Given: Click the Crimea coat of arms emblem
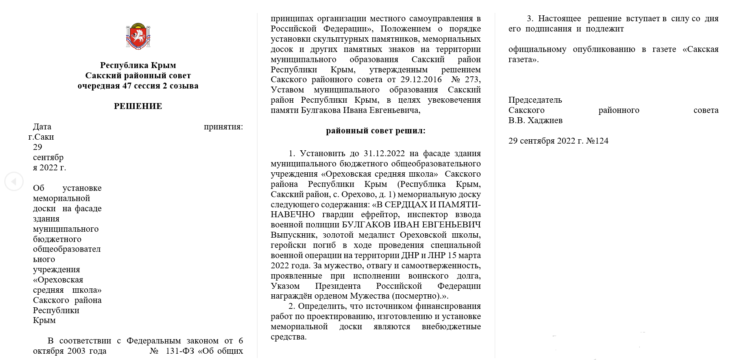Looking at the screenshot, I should pyautogui.click(x=138, y=36).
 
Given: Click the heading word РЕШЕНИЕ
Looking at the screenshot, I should pyautogui.click(x=138, y=106).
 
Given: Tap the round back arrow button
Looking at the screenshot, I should pyautogui.click(x=14, y=182).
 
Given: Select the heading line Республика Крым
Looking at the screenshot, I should pyautogui.click(x=138, y=65).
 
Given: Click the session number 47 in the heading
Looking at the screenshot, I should pyautogui.click(x=127, y=86).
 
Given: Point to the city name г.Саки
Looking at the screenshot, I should pyautogui.click(x=41, y=137).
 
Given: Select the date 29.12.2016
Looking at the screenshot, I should pyautogui.click(x=421, y=79).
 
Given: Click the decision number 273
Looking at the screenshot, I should pyautogui.click(x=472, y=79).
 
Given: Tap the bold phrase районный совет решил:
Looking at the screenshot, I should pyautogui.click(x=375, y=131).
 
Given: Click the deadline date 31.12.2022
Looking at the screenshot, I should pyautogui.click(x=384, y=153).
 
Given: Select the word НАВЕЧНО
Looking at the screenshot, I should pyautogui.click(x=292, y=214).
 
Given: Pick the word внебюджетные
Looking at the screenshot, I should pyautogui.click(x=451, y=327).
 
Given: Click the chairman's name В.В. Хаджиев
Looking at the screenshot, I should pyautogui.click(x=535, y=120).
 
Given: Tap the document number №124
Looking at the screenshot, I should pyautogui.click(x=597, y=141).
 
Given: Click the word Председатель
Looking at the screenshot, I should pyautogui.click(x=535, y=100).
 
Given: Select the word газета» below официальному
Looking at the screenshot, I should pyautogui.click(x=523, y=60).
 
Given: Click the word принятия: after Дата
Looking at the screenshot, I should pyautogui.click(x=223, y=127).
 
